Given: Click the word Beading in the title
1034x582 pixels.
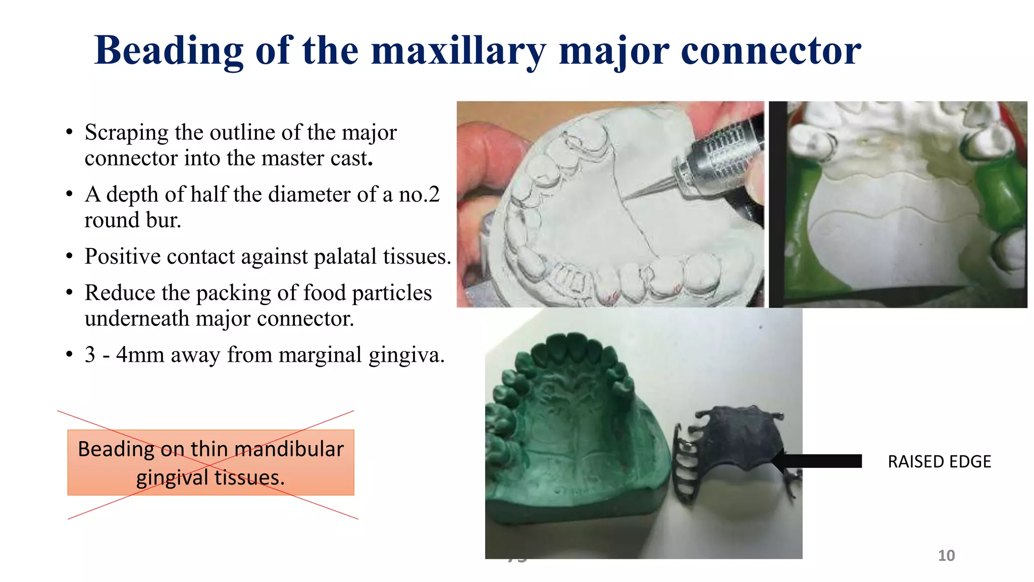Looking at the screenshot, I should tap(169, 52).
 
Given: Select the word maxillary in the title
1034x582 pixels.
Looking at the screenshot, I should tap(458, 52).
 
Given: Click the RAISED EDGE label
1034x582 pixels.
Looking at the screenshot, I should tap(939, 462).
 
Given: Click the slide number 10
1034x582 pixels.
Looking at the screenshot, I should tap(946, 556).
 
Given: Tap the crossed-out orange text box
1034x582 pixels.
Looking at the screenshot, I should tap(211, 463).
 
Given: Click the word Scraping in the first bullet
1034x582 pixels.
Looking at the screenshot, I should tap(126, 133).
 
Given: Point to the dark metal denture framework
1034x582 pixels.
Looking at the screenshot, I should tap(732, 445).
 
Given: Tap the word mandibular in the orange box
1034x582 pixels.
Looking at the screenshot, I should tap(289, 449).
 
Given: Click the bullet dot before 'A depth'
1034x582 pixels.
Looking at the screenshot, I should tap(70, 195).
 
